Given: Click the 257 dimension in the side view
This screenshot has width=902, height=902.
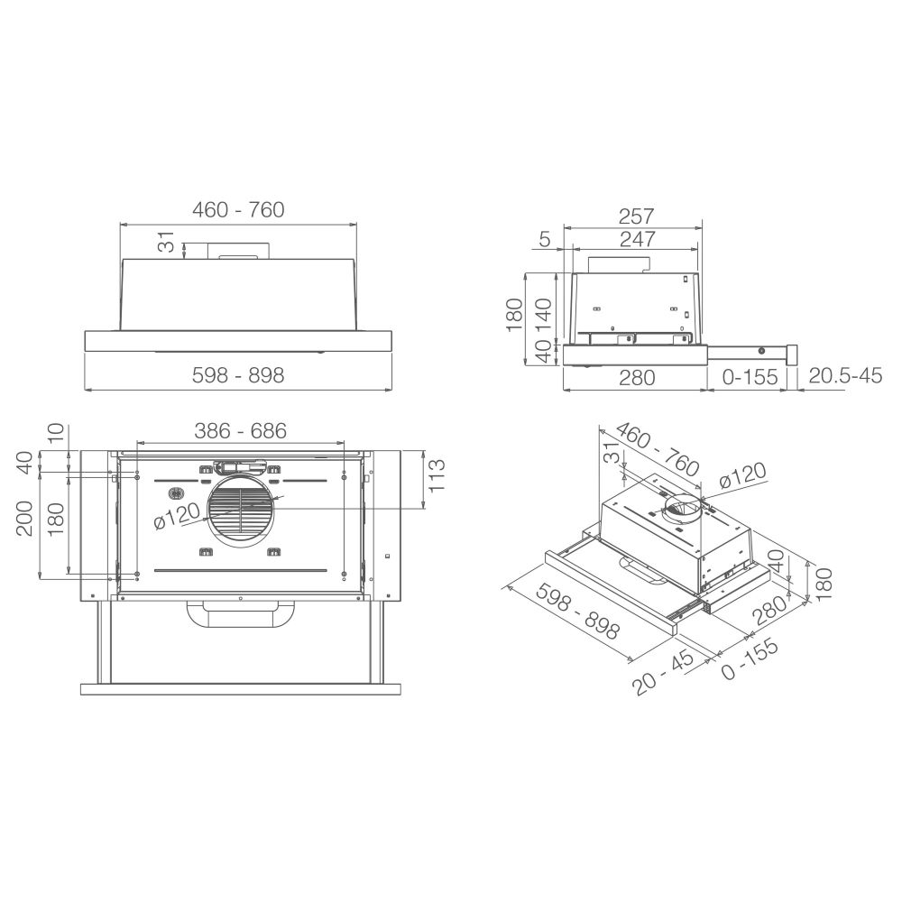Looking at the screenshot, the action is [x=636, y=216].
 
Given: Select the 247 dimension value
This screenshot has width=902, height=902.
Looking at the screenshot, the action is [x=638, y=239].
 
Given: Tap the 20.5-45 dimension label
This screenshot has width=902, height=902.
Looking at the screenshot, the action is [x=845, y=375].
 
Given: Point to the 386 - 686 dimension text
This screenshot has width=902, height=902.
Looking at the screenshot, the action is [x=241, y=430].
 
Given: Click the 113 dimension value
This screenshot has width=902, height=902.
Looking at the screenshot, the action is [x=436, y=474].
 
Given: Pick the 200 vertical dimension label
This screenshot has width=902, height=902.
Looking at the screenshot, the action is [x=24, y=519].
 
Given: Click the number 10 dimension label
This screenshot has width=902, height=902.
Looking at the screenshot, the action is [x=55, y=433].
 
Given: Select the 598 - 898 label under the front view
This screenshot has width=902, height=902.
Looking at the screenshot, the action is [x=238, y=375].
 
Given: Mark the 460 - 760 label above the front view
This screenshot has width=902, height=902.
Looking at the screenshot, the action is [x=238, y=209].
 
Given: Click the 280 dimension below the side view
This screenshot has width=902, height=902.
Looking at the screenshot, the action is [x=637, y=377].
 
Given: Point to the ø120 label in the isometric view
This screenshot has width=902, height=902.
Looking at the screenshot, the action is [x=742, y=475].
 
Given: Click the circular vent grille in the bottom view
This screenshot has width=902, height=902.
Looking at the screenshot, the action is [x=241, y=507].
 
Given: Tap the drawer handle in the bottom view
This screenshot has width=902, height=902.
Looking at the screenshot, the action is [x=241, y=614].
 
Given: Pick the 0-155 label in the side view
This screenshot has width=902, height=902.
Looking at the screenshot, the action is [x=750, y=377].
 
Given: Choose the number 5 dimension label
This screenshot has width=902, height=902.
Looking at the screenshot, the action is [x=545, y=239].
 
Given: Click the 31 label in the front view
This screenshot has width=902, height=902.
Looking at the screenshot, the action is [x=165, y=242].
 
